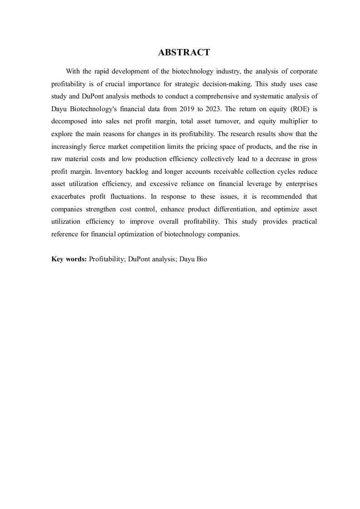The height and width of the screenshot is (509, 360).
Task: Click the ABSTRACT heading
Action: coord(184,53)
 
